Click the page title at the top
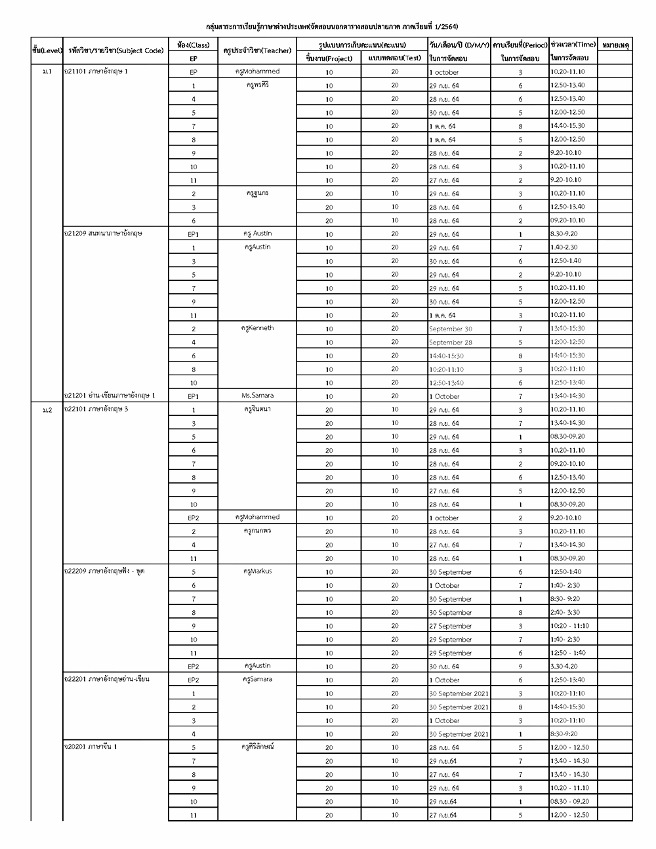pyautogui.click(x=332, y=27)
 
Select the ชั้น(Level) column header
pyautogui.click(x=47, y=51)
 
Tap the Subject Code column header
pyautogui.click(x=115, y=51)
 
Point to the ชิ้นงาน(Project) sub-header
pyautogui.click(x=329, y=58)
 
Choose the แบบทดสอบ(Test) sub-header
pyautogui.click(x=394, y=58)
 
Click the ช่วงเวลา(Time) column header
pyautogui.click(x=573, y=45)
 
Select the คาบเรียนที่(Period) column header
pyautogui.click(x=520, y=45)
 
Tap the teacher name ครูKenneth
pyautogui.click(x=257, y=328)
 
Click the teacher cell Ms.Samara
pyautogui.click(x=257, y=396)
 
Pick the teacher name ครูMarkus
pyautogui.click(x=257, y=571)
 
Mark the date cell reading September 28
pyautogui.click(x=451, y=342)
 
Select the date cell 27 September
pyautogui.click(x=451, y=626)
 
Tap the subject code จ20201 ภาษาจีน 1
pyautogui.click(x=91, y=747)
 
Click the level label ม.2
pyautogui.click(x=47, y=409)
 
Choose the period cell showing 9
pyautogui.click(x=520, y=666)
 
